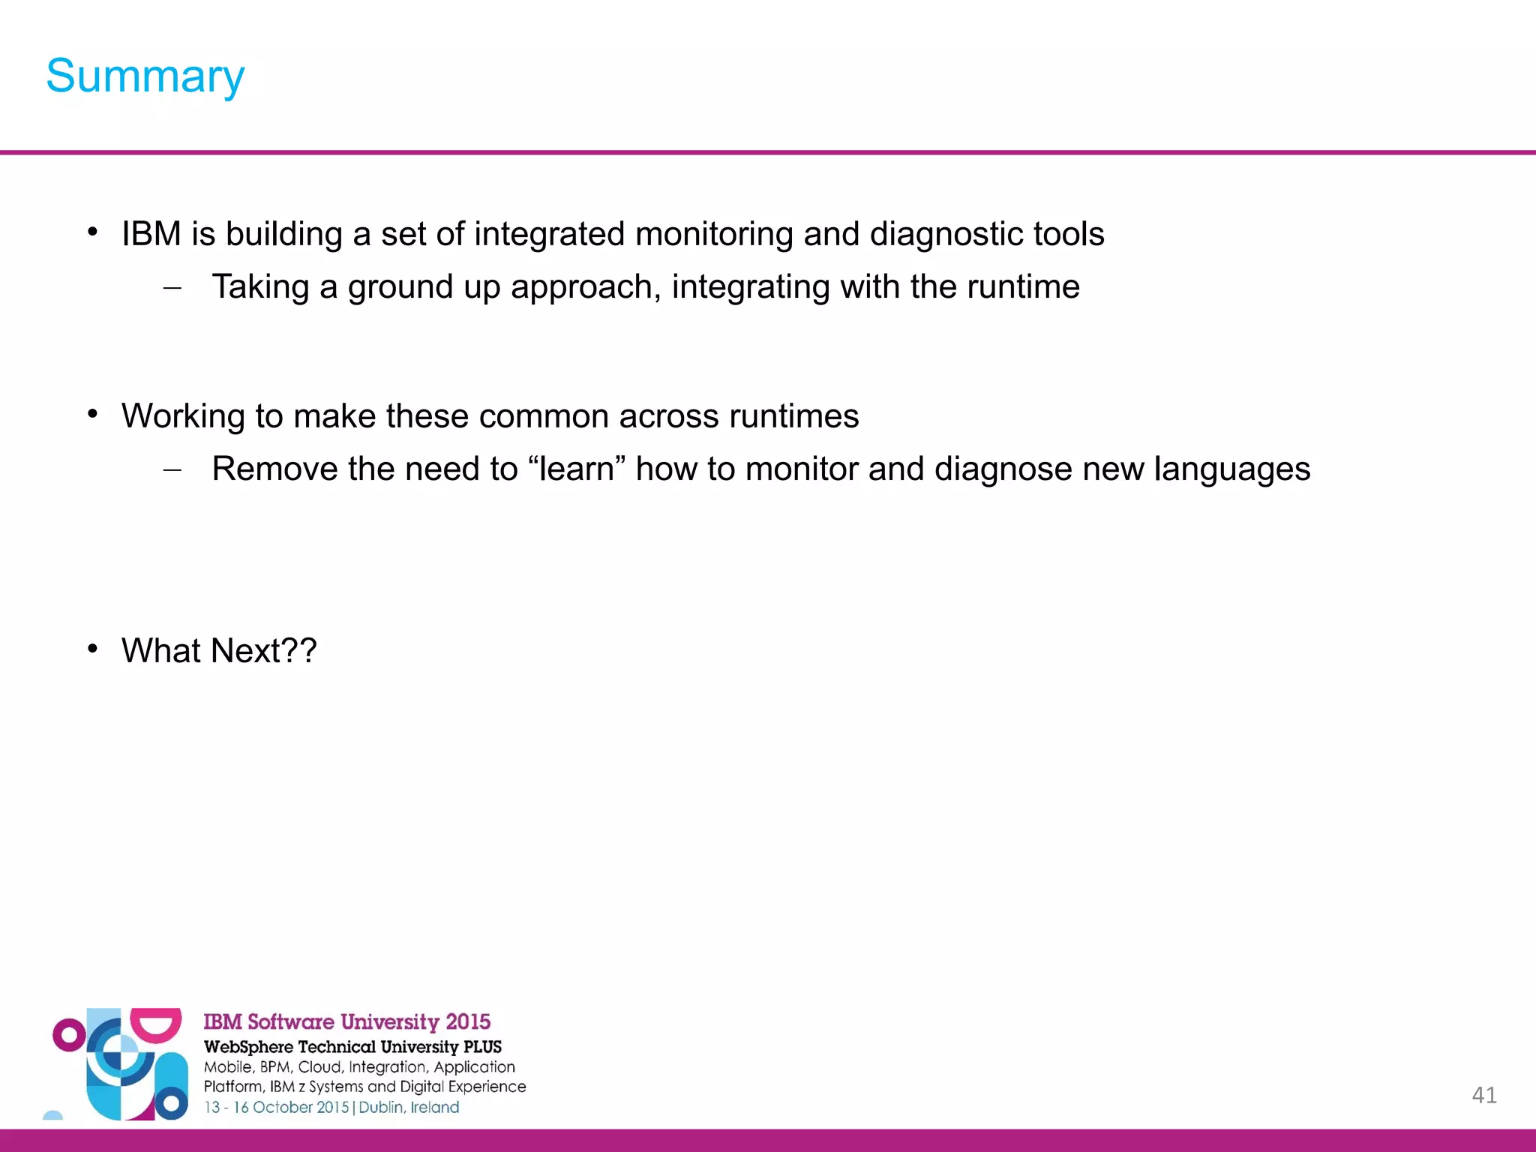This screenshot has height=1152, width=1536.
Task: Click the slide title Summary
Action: point(145,76)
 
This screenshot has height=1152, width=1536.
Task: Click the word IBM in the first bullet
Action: point(151,234)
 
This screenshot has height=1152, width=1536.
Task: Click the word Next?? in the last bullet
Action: point(263,650)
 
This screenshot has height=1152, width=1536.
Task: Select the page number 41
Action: point(1484,1095)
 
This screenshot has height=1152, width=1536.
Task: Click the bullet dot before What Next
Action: point(92,648)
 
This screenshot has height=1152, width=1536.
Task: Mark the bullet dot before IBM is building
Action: point(92,232)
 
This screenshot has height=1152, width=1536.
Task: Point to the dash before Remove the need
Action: point(172,470)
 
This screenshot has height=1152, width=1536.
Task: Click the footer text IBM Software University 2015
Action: point(346,1021)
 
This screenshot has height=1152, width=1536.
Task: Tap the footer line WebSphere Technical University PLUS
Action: point(352,1047)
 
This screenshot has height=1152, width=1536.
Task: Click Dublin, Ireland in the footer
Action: point(409,1108)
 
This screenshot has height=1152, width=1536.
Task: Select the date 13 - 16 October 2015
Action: point(277,1108)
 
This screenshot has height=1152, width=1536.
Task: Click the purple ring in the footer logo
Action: point(69,1036)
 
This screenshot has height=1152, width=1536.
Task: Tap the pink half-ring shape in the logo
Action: point(156,1024)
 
